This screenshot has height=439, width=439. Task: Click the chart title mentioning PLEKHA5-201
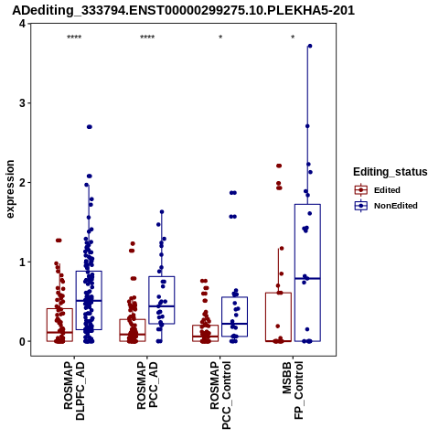pyautogui.click(x=183, y=10)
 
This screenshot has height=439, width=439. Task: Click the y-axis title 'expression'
pyautogui.click(x=10, y=189)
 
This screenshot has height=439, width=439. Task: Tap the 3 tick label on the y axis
pyautogui.click(x=22, y=103)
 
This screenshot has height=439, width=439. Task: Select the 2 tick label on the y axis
pyautogui.click(x=22, y=183)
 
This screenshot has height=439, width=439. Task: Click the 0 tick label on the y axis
pyautogui.click(x=22, y=341)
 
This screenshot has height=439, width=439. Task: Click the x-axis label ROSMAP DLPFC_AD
pyautogui.click(x=74, y=391)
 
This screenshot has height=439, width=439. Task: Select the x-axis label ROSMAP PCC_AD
pyautogui.click(x=147, y=385)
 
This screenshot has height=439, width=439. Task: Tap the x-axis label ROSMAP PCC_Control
pyautogui.click(x=220, y=395)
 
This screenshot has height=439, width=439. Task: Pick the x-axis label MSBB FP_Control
pyautogui.click(x=293, y=391)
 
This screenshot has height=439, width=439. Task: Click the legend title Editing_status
pyautogui.click(x=391, y=172)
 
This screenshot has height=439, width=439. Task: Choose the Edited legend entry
pyautogui.click(x=378, y=190)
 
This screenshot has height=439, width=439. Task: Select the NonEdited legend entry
pyautogui.click(x=386, y=206)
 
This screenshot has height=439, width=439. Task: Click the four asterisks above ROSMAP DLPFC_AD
pyautogui.click(x=74, y=37)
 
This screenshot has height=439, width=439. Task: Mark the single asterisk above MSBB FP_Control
pyautogui.click(x=293, y=37)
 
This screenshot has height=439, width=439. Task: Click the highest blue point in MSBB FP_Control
pyautogui.click(x=310, y=46)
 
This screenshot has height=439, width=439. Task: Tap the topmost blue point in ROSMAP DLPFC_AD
pyautogui.click(x=90, y=127)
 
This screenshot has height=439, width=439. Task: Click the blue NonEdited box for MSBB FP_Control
pyautogui.click(x=307, y=273)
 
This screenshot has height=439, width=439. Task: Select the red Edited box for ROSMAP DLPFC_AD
pyautogui.click(x=59, y=325)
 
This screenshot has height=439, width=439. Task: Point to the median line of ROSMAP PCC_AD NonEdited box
pyautogui.click(x=162, y=306)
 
